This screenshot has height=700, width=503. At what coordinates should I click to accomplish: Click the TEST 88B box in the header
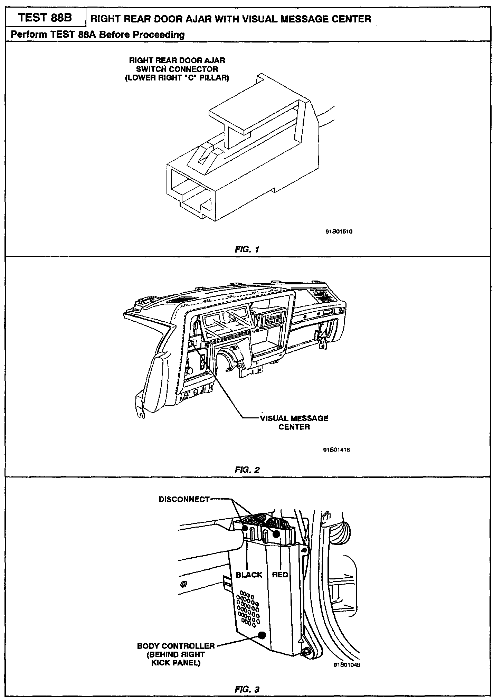pos(45,18)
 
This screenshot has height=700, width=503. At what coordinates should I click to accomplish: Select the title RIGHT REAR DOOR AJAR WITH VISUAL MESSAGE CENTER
pos(230,19)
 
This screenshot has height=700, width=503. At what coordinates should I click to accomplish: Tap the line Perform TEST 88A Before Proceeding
pos(98,35)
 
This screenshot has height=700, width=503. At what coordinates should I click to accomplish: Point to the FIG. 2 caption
pos(247,470)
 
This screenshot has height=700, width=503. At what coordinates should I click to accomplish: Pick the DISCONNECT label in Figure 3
pos(184,499)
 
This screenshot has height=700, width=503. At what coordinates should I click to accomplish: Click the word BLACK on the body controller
pos(249,575)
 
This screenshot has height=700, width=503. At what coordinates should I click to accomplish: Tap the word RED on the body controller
pos(280,575)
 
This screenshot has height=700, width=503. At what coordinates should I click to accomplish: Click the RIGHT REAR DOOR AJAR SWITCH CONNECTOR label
pos(177,69)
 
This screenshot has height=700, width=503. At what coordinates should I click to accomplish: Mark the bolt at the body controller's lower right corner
pos(306,651)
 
